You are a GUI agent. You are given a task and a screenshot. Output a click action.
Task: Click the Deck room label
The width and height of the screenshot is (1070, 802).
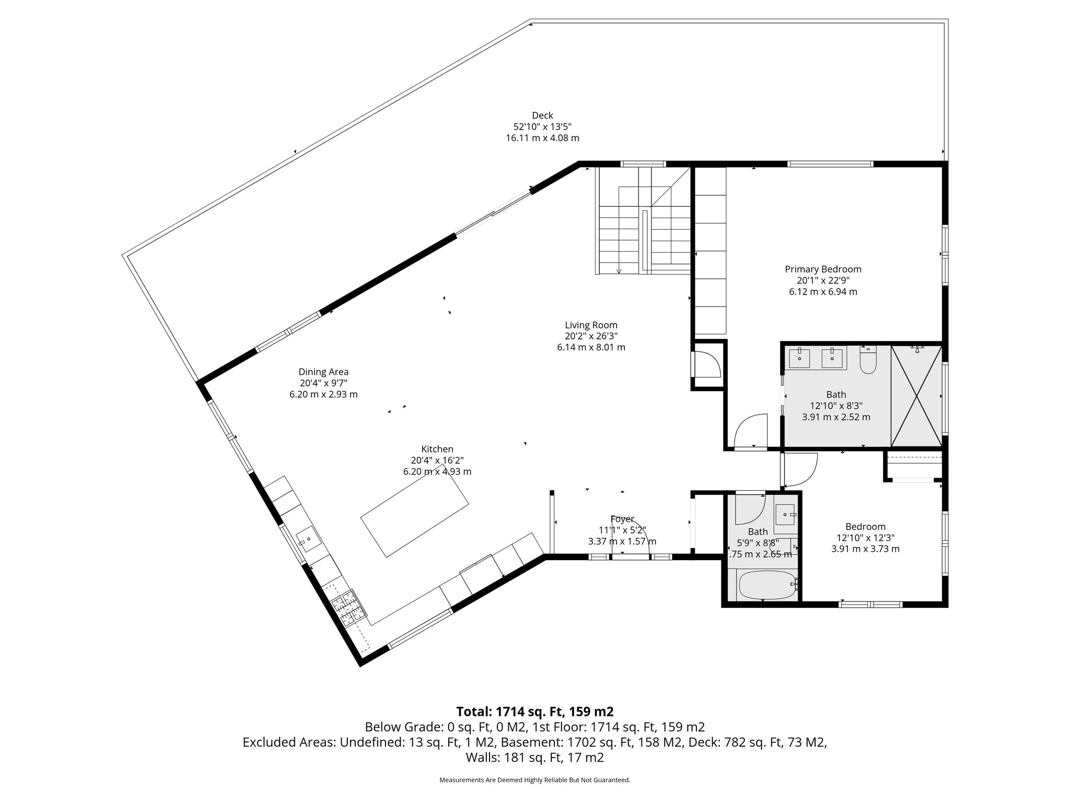coord(542,115)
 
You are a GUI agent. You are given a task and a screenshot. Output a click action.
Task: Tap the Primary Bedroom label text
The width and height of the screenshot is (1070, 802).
coord(823,269)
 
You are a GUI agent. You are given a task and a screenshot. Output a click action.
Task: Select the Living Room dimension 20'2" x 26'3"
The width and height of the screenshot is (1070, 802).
coord(591,336)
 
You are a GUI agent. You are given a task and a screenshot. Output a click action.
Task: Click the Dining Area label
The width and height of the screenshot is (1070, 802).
coord(323,372)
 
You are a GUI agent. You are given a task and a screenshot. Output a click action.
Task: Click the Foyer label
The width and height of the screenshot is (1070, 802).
coord(622,519)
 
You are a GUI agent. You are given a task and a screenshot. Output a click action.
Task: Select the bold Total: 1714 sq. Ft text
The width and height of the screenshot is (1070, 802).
coord(534,712)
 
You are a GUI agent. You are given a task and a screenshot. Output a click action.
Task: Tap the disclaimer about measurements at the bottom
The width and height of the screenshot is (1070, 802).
coord(534,780)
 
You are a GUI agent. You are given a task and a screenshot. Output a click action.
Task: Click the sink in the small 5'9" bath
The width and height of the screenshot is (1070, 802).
coord(785,514)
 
